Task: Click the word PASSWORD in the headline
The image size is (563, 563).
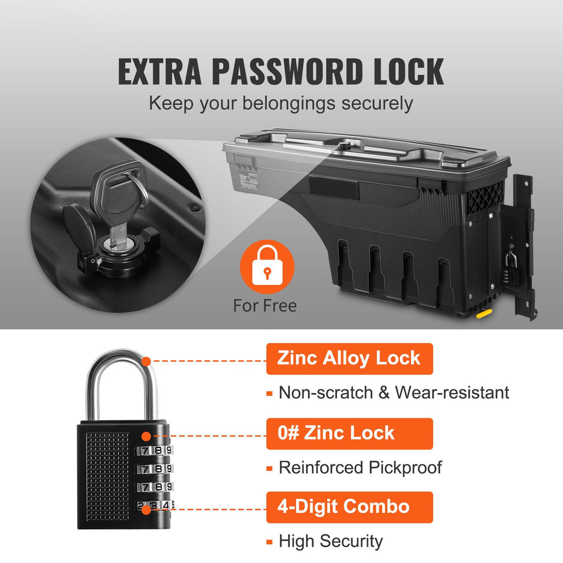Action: (x=287, y=71)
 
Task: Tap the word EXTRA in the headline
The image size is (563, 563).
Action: (x=159, y=71)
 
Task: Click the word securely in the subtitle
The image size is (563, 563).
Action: (x=377, y=104)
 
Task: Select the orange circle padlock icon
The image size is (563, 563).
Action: (x=267, y=267)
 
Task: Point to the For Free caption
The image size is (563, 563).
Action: (x=265, y=306)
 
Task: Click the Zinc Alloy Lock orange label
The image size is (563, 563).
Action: (x=349, y=358)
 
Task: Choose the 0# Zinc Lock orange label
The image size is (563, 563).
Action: (x=349, y=433)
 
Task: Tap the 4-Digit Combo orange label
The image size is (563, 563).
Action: (x=349, y=507)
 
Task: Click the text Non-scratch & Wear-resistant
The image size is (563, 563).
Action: (x=394, y=393)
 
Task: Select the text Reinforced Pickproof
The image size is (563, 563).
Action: (x=360, y=467)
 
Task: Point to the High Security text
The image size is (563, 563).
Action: (x=330, y=541)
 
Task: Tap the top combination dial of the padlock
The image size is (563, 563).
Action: (x=154, y=450)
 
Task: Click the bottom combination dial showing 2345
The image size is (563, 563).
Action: (x=154, y=506)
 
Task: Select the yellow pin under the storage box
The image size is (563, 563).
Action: (x=484, y=314)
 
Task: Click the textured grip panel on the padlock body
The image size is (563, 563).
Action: (x=107, y=476)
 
